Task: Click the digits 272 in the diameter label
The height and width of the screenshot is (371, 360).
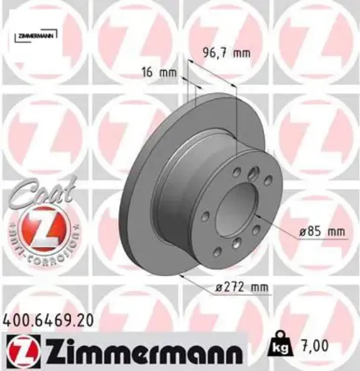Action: click(231, 288)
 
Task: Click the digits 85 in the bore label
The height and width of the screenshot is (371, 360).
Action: click(313, 232)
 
